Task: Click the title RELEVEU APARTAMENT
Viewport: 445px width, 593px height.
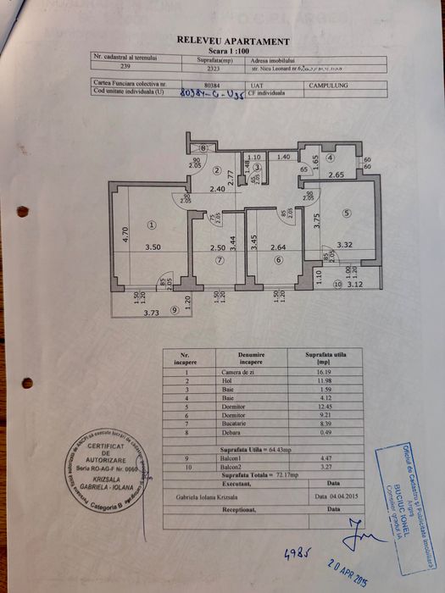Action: [232, 41]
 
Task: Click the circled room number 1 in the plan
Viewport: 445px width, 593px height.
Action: [151, 224]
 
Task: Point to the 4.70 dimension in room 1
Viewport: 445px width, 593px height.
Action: [124, 236]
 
